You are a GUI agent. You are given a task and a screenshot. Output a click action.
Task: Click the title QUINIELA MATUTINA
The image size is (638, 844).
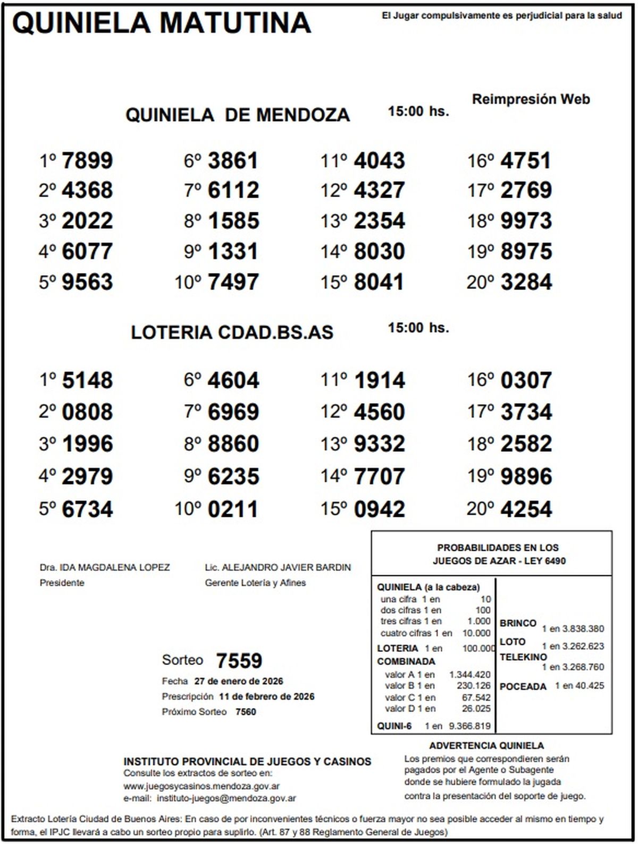point(161,23)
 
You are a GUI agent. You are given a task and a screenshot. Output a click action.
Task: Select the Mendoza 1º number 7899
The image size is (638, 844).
point(87,160)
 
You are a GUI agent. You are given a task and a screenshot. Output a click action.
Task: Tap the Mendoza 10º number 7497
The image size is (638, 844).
point(233,282)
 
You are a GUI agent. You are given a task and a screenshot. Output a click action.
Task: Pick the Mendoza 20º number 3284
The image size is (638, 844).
point(526,282)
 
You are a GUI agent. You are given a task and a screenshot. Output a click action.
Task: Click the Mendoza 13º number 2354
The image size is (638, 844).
point(379,221)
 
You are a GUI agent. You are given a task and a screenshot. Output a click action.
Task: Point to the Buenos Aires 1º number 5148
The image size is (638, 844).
point(87,380)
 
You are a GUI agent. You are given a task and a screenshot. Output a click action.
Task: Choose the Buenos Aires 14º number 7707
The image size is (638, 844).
point(379,476)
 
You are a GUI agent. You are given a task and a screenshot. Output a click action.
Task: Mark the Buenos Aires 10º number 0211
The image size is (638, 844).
point(233,509)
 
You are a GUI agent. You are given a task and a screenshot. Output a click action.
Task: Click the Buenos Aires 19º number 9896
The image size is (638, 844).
point(526,476)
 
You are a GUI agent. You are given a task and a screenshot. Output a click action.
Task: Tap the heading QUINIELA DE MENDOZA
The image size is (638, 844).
point(238,115)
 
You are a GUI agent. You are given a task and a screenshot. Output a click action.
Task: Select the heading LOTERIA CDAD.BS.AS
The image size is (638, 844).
point(232,333)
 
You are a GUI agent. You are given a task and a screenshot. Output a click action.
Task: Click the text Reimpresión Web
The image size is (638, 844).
point(531,99)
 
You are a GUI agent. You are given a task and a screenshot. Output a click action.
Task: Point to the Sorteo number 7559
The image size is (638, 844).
point(239,661)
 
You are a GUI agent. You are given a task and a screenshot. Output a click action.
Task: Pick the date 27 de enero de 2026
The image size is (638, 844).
point(239,681)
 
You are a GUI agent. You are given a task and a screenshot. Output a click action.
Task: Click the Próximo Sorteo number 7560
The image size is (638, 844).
point(246,712)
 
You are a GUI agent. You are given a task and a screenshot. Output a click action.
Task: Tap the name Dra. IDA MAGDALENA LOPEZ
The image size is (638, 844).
point(105,567)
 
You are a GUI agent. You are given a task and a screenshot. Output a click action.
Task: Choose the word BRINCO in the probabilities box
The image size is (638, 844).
point(518,623)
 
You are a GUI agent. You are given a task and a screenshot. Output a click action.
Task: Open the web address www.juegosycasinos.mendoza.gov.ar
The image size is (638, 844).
point(202,786)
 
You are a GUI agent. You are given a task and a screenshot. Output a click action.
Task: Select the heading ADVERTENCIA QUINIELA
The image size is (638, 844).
point(486,746)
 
